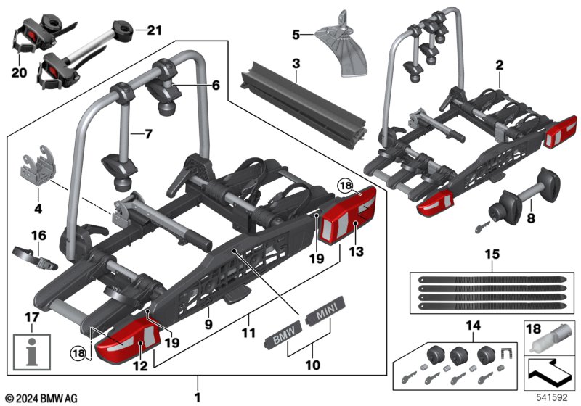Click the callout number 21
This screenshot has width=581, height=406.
tap(154, 30)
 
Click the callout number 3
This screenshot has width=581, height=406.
tap(296, 64)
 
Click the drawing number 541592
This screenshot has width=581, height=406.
tap(554, 397)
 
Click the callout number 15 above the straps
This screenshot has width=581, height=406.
tap(492, 255)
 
